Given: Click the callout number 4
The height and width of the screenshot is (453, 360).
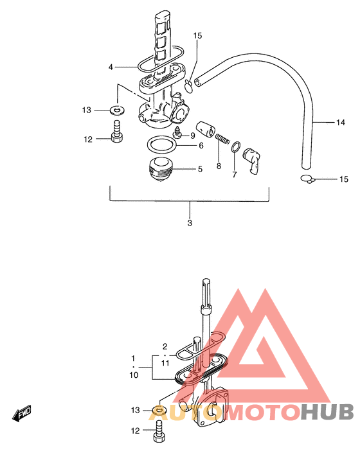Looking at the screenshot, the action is coord(111,67).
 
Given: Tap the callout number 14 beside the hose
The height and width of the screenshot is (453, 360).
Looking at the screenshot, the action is coord(341,123).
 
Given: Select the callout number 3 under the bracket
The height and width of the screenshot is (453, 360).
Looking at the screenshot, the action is coord(190,223).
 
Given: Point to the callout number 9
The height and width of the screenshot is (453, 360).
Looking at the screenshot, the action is coord(193,136).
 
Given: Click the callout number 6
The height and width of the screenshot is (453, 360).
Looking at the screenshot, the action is coord(201,145).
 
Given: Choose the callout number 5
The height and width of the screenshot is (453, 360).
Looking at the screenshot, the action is coord(200,169).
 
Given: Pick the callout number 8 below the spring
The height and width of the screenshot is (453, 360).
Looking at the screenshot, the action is coord(219,166).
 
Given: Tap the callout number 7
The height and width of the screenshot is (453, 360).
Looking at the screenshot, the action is coord(234,174).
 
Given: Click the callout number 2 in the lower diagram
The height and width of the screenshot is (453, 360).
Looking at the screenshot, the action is coord(165,346).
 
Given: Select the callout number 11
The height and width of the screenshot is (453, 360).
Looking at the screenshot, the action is coord(165,363).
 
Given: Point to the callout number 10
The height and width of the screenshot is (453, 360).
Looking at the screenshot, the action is coord(134,375).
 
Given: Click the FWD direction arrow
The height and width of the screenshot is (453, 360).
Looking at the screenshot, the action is coord(22,413).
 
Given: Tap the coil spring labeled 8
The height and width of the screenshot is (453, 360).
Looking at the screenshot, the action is coord(222,138).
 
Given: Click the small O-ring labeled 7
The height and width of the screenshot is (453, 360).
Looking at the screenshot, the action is coord(236,147).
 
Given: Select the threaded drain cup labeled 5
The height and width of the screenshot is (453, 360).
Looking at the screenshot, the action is coord(160,169).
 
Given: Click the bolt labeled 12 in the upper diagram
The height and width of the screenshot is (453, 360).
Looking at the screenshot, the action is coord(117,132).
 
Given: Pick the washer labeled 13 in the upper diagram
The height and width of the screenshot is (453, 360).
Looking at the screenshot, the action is coord(117,110).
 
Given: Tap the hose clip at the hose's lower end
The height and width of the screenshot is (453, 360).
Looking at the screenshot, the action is coord(308,179).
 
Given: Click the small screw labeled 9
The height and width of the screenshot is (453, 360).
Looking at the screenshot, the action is coord(177,132).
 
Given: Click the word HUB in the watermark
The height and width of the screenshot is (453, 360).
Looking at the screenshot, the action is coord(327,412).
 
